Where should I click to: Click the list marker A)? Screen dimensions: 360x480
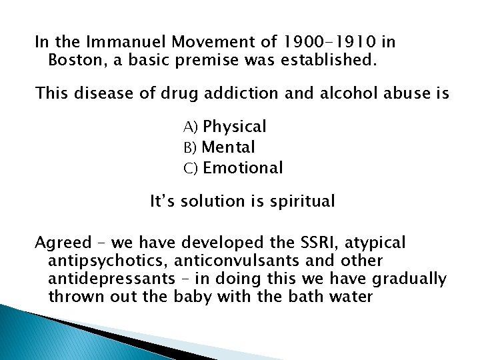coord(191,127)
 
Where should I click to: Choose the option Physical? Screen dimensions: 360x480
coord(235,126)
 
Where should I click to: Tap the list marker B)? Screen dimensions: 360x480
coord(191,147)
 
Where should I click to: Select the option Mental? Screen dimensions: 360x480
coord(229,147)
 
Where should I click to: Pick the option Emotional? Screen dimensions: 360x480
coord(243,167)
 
